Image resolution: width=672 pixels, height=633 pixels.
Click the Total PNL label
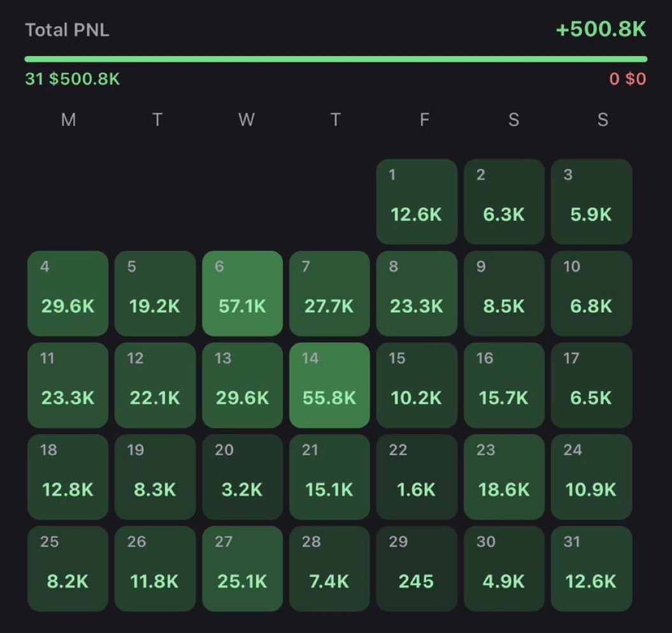67,30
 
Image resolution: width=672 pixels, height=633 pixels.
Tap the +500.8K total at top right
601,30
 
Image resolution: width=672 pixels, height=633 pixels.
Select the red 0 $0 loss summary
627,79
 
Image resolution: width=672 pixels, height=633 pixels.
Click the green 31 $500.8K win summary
72,79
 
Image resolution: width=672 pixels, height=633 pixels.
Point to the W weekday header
246,120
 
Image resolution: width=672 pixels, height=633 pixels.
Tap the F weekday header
424,120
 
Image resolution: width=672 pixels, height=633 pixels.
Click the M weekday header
68,120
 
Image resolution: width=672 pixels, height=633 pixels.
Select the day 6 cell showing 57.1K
242,293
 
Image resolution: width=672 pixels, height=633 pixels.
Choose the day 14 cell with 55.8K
329,385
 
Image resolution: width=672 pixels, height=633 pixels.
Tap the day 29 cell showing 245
417,569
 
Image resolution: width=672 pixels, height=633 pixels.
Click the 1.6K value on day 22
417,490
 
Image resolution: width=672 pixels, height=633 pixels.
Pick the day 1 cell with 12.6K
417,201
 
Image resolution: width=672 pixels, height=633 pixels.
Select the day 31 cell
591,569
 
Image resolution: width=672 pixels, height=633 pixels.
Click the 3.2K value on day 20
242,490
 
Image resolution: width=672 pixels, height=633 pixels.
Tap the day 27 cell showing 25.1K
242,569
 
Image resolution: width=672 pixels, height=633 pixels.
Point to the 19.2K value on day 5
155,307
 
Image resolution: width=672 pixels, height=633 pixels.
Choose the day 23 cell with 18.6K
504,477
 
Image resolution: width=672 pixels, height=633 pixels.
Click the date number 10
571,266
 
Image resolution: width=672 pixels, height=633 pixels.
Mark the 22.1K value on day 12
155,398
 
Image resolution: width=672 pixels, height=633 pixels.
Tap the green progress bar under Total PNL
336,59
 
